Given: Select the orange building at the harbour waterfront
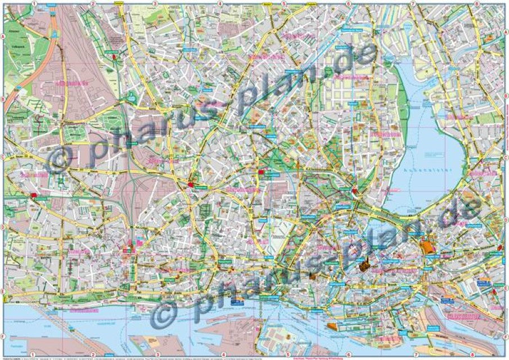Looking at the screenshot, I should tap(332, 327).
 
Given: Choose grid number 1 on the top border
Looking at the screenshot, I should tap(34, 3).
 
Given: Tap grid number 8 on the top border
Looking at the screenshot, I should tap(477, 3).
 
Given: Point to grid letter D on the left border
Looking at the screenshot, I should tap(3, 227).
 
